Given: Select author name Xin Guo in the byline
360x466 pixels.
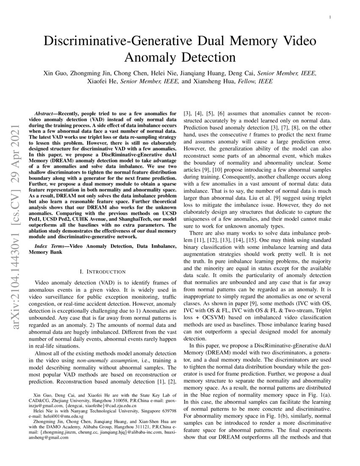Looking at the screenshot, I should click(x=56, y=73).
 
